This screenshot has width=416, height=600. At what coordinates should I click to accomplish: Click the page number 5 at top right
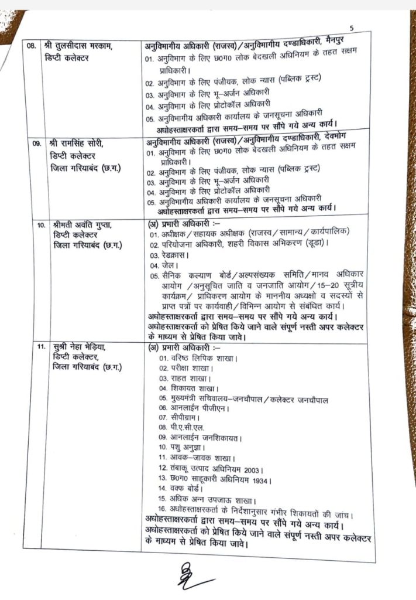351,28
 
